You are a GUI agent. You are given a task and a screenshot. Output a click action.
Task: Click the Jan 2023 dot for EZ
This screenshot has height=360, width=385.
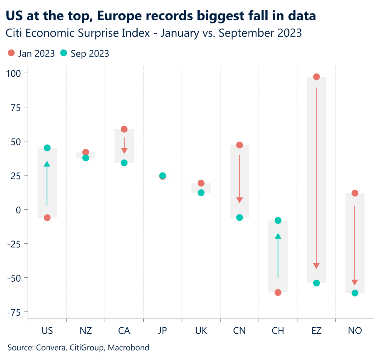(x=316, y=77)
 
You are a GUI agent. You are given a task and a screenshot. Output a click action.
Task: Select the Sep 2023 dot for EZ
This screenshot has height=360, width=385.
(x=316, y=283)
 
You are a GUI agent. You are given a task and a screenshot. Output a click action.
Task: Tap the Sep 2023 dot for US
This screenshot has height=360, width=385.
(x=47, y=148)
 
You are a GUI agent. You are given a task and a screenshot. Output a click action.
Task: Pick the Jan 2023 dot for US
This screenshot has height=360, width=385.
(x=47, y=218)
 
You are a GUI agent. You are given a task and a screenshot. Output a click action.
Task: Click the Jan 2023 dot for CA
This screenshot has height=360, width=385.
(x=124, y=129)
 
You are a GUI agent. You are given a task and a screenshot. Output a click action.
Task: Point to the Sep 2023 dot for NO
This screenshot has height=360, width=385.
(x=355, y=293)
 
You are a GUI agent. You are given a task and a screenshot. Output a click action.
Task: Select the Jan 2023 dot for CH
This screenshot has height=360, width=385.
(x=278, y=292)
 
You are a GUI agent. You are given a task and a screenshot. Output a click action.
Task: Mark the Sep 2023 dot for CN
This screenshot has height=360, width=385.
(x=239, y=218)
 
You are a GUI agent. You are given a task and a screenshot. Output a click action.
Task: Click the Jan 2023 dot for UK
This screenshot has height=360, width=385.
(x=201, y=183)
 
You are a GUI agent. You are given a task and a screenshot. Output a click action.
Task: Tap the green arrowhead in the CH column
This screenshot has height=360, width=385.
(x=278, y=236)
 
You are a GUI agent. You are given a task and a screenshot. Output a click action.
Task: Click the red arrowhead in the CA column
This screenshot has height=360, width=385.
(x=124, y=151)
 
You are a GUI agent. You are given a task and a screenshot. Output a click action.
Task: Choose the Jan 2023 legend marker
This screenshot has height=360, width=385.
(x=11, y=53)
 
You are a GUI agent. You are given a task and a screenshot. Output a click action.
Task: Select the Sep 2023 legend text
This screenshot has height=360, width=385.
(x=90, y=53)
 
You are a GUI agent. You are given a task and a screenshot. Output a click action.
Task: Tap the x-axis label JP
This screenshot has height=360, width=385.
(x=162, y=331)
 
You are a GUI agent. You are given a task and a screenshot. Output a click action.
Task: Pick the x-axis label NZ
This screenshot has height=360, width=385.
(x=86, y=331)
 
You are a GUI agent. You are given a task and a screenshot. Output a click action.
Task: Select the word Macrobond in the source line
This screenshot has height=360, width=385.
(x=129, y=348)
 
